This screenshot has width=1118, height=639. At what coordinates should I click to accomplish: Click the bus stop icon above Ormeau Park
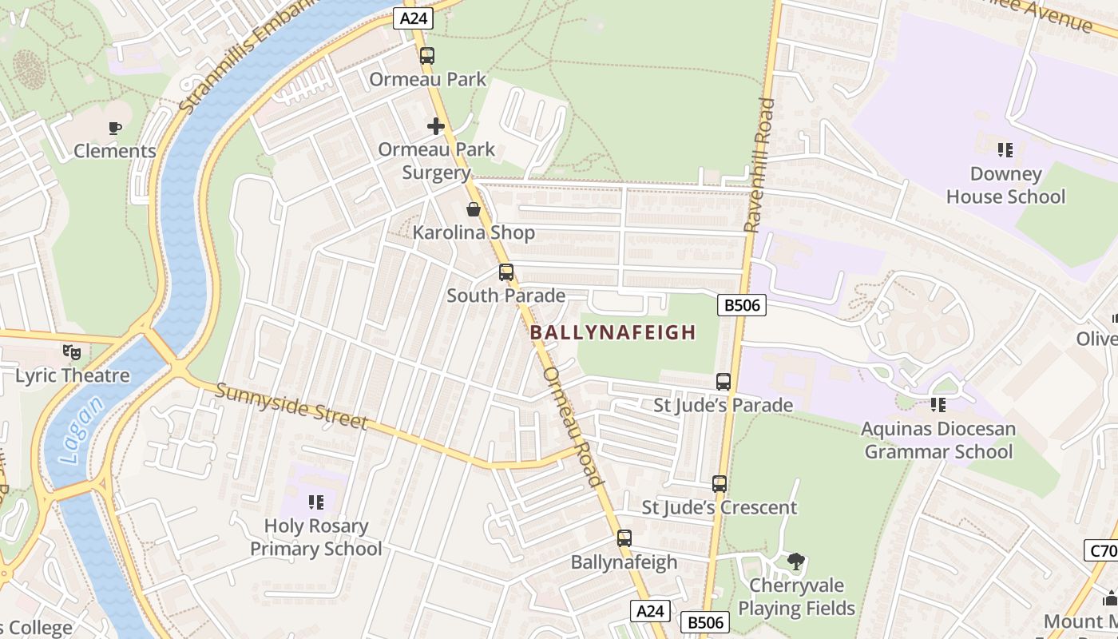427,56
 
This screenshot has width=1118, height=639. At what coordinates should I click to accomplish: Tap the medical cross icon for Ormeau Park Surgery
436,126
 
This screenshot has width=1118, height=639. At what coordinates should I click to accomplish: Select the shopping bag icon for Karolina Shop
474,209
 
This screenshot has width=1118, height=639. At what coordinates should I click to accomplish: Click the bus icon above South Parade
506,272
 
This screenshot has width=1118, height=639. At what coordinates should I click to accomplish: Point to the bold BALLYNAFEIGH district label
613,332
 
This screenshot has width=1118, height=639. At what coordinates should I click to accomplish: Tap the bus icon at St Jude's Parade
724,382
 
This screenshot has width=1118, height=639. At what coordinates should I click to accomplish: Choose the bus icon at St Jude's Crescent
720,484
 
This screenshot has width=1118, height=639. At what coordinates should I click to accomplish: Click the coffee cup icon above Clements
115,128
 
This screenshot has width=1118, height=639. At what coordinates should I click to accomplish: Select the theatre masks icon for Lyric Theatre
72,351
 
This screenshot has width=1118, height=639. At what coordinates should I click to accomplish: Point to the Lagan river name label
81,431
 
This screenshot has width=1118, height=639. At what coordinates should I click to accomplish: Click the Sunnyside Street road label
291,406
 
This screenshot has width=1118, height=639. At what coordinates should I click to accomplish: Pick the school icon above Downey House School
1005,150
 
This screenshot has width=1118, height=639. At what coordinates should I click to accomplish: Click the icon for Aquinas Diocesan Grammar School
938,406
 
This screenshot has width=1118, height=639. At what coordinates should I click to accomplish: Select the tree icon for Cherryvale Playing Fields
795,562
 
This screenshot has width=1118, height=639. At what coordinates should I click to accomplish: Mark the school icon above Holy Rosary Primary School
316,502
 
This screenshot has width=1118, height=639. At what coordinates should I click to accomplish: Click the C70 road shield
1100,550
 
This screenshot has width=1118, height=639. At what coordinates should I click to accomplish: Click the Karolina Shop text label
474,233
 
